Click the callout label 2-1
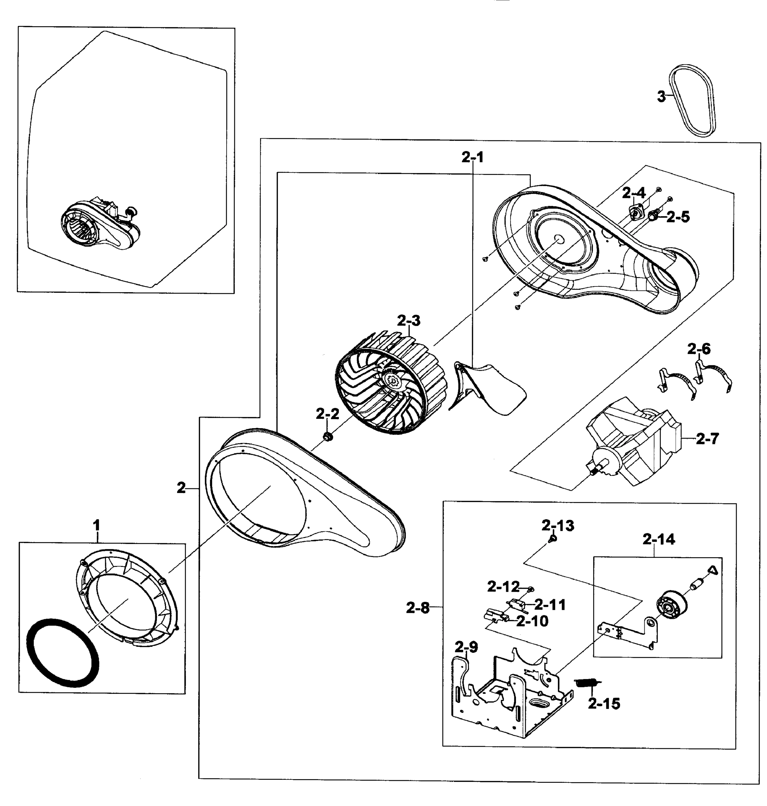tap(473, 157)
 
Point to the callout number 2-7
tap(707, 439)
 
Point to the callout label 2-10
tap(532, 621)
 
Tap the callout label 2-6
tap(699, 349)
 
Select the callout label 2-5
tap(678, 217)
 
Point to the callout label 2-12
tap(503, 587)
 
